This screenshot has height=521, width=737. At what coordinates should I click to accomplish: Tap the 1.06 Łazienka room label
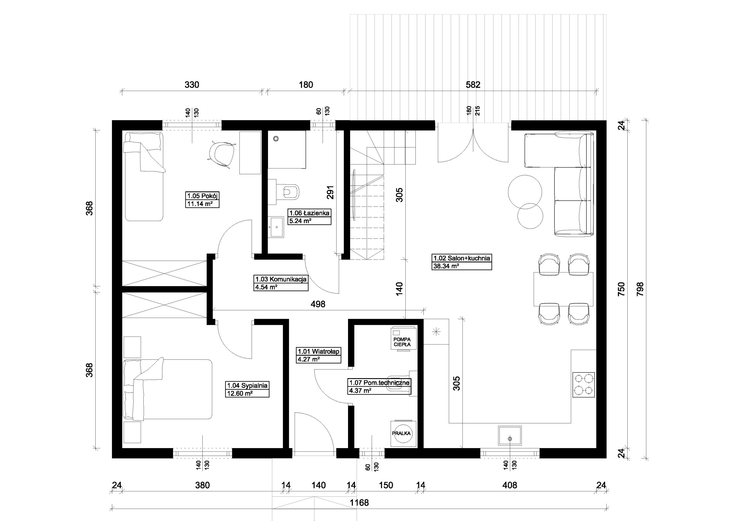pyautogui.click(x=309, y=213)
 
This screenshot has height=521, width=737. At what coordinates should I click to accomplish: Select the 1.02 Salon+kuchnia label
pyautogui.click(x=461, y=258)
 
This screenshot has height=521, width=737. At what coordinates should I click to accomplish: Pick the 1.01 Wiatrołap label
pyautogui.click(x=318, y=351)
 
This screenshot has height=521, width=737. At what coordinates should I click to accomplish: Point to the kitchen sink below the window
pyautogui.click(x=510, y=436)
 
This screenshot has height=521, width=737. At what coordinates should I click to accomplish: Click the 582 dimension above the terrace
pyautogui.click(x=473, y=85)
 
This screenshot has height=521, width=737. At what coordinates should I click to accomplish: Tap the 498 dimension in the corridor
pyautogui.click(x=318, y=304)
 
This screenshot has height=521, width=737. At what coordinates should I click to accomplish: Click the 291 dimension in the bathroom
pyautogui.click(x=330, y=192)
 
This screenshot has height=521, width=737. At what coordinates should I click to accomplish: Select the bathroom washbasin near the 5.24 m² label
pyautogui.click(x=276, y=227)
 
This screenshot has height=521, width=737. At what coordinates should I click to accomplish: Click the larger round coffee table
pyautogui.click(x=525, y=192)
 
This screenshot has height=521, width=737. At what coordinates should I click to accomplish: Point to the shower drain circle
pyautogui.click(x=276, y=139)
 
